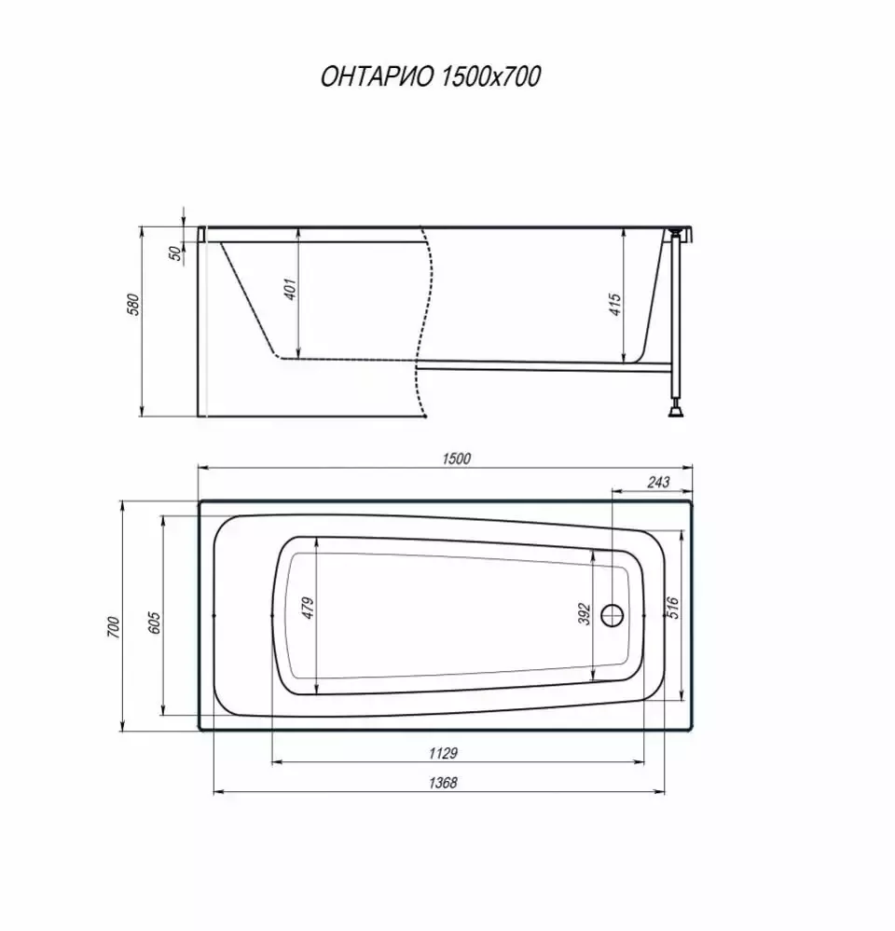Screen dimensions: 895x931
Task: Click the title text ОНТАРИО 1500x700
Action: [431, 76]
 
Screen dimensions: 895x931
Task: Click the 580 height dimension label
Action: [134, 305]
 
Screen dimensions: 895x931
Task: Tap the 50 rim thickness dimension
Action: [176, 253]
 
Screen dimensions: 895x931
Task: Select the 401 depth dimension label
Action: [290, 289]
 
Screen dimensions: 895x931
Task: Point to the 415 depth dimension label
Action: [615, 304]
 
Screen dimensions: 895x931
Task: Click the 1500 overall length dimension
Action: [456, 459]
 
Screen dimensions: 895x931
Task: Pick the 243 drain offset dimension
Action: [658, 482]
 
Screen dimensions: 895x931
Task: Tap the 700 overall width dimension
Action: [114, 627]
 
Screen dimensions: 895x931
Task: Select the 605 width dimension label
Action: [154, 623]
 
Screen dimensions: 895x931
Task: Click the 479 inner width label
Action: [308, 609]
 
